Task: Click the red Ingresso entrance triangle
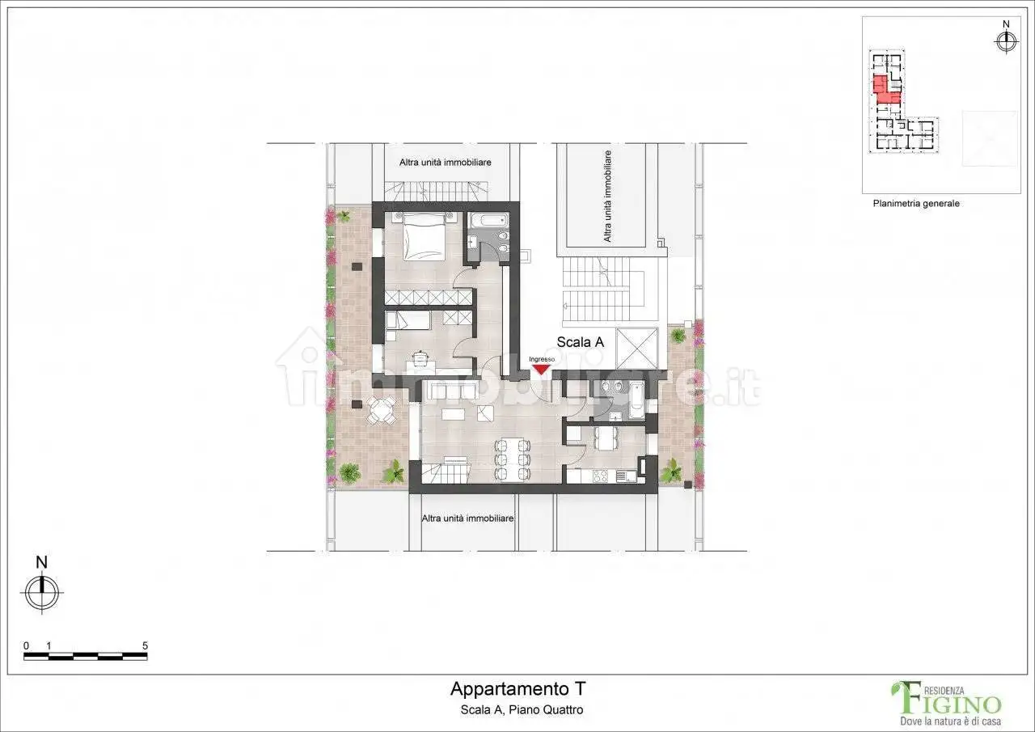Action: pyautogui.click(x=540, y=369)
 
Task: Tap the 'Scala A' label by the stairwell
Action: pyautogui.click(x=580, y=342)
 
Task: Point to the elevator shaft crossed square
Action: pyautogui.click(x=637, y=349)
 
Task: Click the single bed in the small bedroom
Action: pyautogui.click(x=408, y=322)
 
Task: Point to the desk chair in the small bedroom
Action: pyautogui.click(x=420, y=357)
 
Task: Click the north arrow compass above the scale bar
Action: pyautogui.click(x=43, y=590)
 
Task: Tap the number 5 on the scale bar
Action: pyautogui.click(x=145, y=645)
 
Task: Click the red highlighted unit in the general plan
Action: pyautogui.click(x=887, y=89)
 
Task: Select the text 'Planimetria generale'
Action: pyautogui.click(x=915, y=204)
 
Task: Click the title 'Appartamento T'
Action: pyautogui.click(x=517, y=689)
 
